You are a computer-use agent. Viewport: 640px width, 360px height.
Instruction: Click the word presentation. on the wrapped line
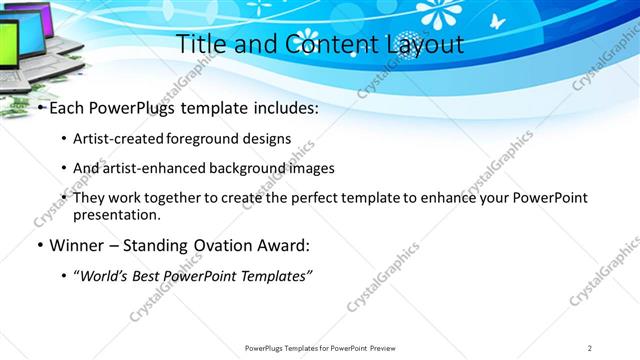click(x=116, y=214)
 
